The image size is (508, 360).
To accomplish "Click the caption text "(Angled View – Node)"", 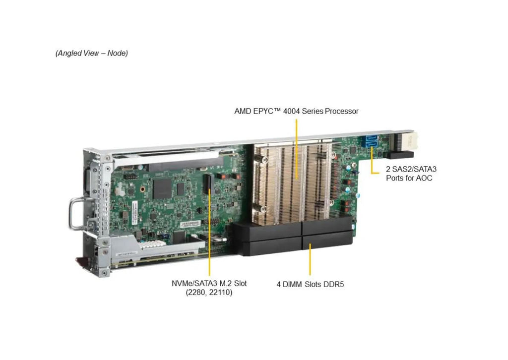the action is click(92, 53).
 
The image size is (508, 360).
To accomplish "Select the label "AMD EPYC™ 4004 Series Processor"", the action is click(296, 112).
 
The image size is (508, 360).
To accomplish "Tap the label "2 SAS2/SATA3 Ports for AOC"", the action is click(411, 174).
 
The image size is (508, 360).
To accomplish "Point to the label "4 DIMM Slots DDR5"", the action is click(310, 285).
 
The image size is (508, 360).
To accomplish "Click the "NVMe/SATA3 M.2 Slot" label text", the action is click(209, 283).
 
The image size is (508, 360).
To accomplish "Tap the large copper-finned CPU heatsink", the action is click(292, 181).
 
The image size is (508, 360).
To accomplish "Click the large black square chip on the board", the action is click(162, 188).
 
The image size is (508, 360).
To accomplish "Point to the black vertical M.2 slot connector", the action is click(207, 184).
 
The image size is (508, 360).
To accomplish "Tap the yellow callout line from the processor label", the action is click(297, 149).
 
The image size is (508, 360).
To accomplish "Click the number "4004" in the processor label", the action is click(291, 112).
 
